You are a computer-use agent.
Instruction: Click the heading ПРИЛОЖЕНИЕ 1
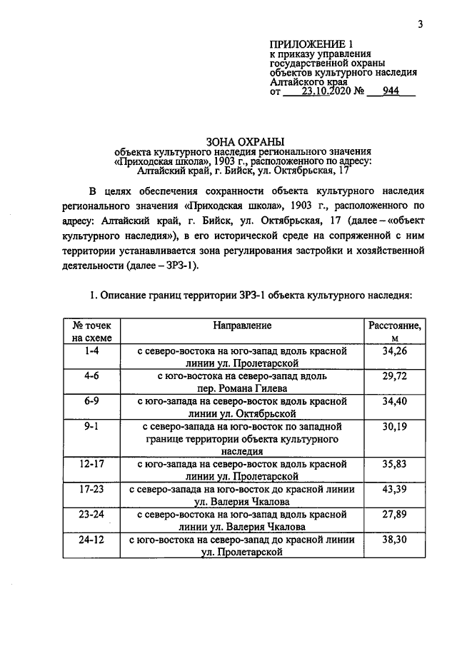(x=311, y=44)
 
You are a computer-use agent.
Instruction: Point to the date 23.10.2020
(x=328, y=91)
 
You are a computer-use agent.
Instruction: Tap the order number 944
(x=391, y=91)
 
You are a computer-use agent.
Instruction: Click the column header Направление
(x=242, y=325)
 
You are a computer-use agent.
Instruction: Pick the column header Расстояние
(x=394, y=325)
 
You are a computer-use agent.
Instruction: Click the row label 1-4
(x=91, y=351)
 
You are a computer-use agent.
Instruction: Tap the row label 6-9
(x=91, y=401)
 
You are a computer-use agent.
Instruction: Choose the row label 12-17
(x=91, y=464)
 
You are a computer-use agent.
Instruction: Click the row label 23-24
(x=91, y=514)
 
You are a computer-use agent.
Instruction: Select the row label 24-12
(x=91, y=540)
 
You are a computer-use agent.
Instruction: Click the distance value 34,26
(x=394, y=351)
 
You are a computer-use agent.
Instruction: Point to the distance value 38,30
(x=394, y=540)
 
